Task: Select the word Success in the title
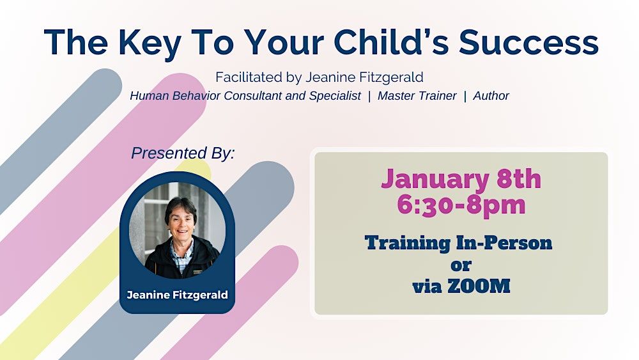point(528,42)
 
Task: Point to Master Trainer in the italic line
point(417,96)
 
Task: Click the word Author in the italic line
point(491,96)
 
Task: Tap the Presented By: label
point(183,153)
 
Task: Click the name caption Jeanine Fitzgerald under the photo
point(177,295)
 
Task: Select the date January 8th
point(461,179)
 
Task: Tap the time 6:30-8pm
point(461,204)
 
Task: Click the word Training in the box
point(408,243)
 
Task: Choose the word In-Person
point(504,242)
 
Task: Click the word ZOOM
point(479,286)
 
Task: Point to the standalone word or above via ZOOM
point(461,265)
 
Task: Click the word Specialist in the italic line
point(335,96)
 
